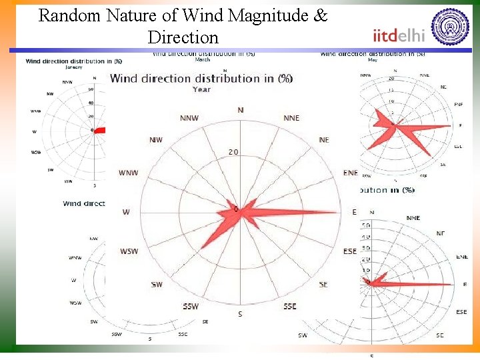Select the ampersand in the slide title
tap(321, 15)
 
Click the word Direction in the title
tap(183, 37)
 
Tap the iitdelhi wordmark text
tap(399, 35)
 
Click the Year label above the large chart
tap(201, 89)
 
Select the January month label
tap(74, 67)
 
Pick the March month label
tap(202, 60)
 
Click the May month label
tap(372, 60)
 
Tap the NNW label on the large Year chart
tap(189, 119)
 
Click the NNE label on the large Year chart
tap(291, 118)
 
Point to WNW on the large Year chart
tap(129, 173)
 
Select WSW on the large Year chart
tap(129, 251)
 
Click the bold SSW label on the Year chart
tap(190, 307)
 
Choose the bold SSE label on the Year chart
tap(289, 307)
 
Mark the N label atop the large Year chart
tap(241, 110)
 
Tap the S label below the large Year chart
tap(240, 314)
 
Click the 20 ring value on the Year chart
tap(233, 152)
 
